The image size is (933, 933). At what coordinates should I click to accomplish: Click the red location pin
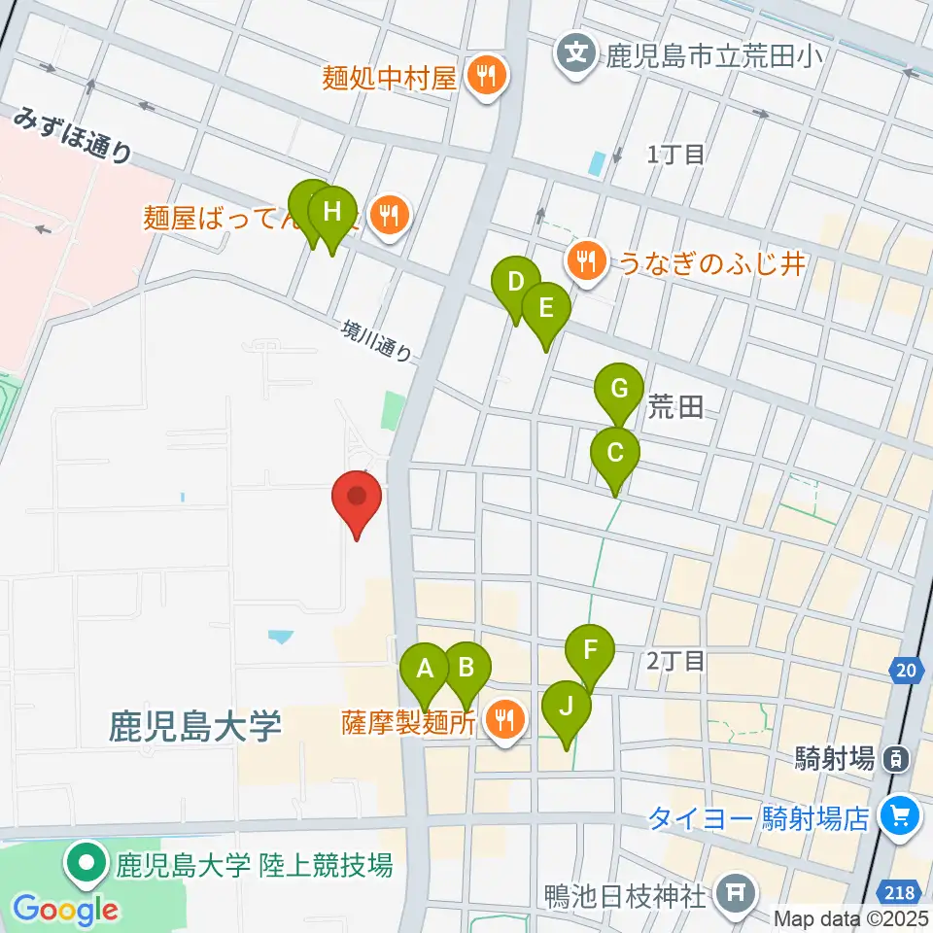tap(357, 497)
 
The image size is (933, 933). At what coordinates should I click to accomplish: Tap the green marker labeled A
tap(425, 670)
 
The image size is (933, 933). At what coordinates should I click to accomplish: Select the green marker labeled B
tap(466, 669)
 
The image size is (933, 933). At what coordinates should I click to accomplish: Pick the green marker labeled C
tap(615, 453)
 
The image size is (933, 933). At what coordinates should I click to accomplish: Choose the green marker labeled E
tap(545, 309)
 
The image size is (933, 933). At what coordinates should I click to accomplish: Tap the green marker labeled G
tap(619, 389)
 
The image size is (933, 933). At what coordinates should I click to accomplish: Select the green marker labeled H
tap(332, 211)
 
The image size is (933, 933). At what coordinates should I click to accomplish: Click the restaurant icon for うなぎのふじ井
tap(586, 259)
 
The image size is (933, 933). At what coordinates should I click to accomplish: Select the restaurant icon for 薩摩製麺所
tap(503, 720)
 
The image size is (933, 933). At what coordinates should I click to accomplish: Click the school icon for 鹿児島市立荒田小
tap(577, 51)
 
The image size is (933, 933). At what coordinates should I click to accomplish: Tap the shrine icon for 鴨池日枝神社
tap(732, 890)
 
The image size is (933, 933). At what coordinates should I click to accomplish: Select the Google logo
tap(65, 910)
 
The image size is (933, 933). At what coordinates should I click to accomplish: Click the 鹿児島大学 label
tap(196, 726)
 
